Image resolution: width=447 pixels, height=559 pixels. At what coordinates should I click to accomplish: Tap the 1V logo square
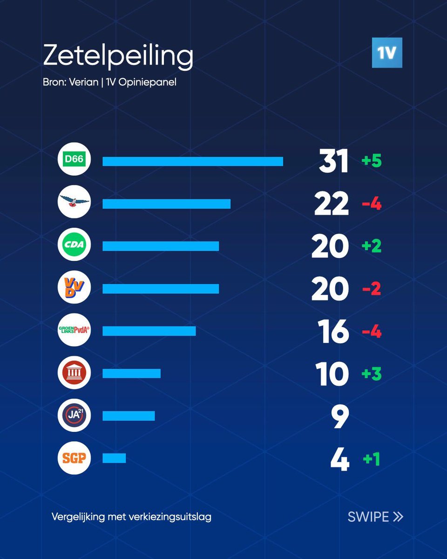(x=386, y=53)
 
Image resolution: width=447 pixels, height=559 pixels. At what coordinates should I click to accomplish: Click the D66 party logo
(x=74, y=161)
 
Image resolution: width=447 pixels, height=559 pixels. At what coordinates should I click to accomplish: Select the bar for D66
(x=192, y=161)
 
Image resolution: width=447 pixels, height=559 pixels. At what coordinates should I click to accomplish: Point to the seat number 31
(x=333, y=162)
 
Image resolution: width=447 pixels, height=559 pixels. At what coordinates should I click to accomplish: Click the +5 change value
(x=372, y=161)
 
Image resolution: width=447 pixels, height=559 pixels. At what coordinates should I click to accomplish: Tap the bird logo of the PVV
(x=74, y=203)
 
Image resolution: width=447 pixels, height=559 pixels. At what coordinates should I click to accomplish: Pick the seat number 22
(x=332, y=204)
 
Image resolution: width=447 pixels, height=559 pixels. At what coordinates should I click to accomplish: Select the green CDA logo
(x=74, y=246)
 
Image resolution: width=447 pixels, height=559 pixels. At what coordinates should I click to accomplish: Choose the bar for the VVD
(x=161, y=289)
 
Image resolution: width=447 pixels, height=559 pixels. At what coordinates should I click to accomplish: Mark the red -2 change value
(x=372, y=289)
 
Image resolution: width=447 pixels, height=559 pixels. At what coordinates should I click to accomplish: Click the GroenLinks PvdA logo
(x=74, y=331)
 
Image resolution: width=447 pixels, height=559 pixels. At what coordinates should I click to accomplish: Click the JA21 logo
(x=74, y=416)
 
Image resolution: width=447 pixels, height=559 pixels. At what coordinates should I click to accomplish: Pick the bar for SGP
(x=114, y=458)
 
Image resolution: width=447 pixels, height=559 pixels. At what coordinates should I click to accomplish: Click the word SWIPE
(x=368, y=517)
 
